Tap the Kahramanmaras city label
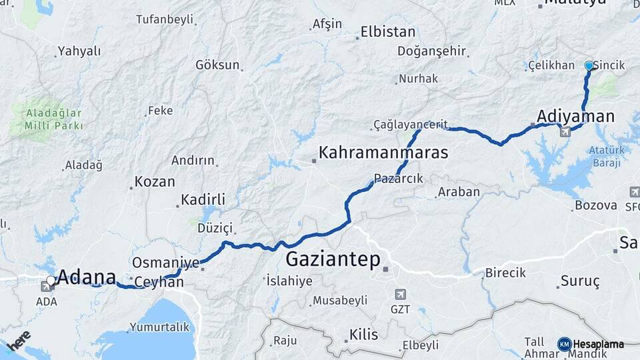[383, 153]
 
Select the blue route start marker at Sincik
[589, 66]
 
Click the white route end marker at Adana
[51, 281]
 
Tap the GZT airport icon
[400, 294]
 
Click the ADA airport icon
[48, 287]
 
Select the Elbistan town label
[387, 31]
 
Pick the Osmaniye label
[165, 263]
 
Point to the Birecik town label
[505, 273]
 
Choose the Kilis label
[363, 335]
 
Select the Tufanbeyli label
[164, 19]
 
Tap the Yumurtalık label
[160, 327]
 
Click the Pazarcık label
[399, 179]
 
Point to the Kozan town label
[155, 181]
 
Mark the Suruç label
[579, 281]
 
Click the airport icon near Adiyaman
[565, 132]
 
